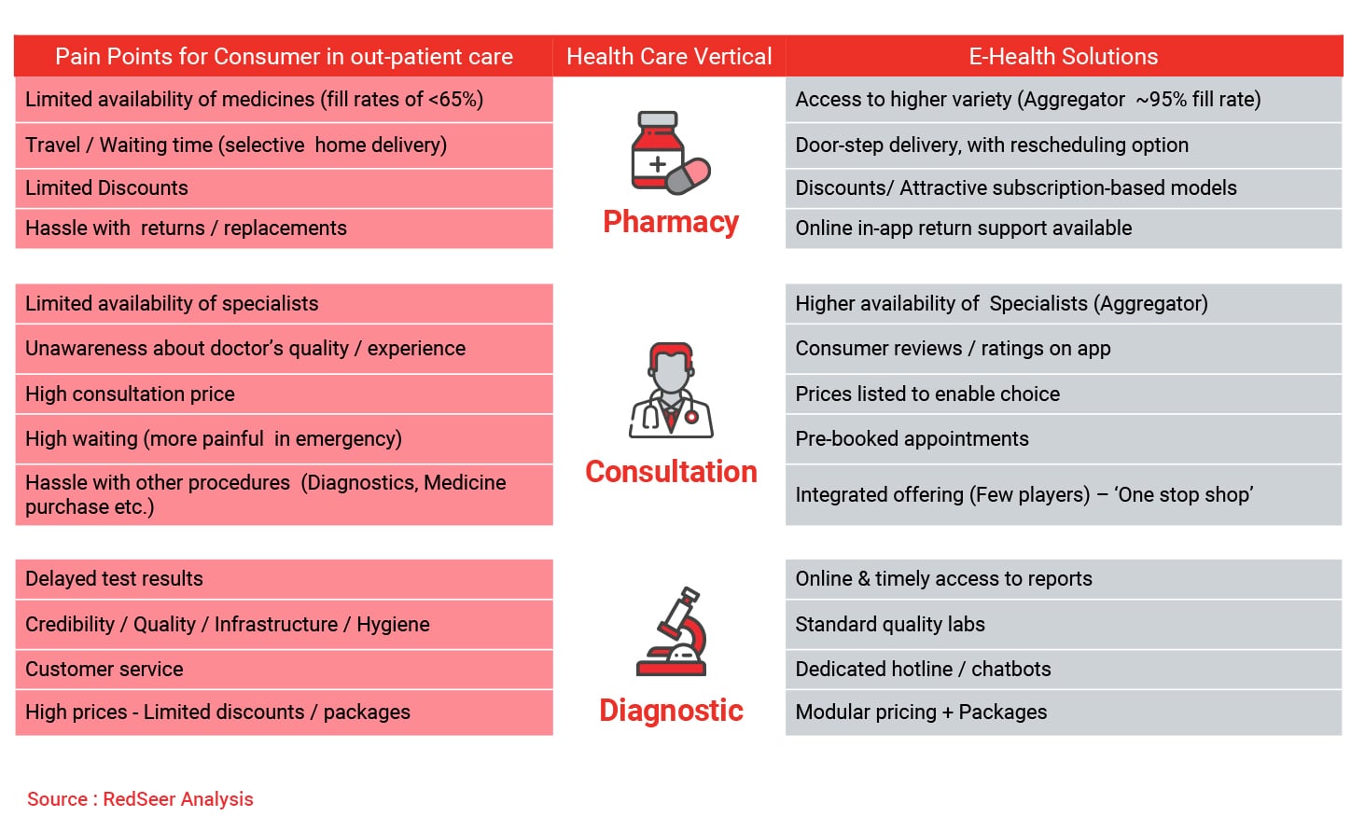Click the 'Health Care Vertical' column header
click(669, 56)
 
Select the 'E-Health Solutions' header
click(1064, 56)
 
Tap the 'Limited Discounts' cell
click(284, 188)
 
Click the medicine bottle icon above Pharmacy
click(658, 150)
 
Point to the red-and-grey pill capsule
click(689, 176)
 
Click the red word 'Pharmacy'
click(671, 222)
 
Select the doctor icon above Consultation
click(671, 390)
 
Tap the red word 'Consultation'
click(671, 471)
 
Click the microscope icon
click(671, 631)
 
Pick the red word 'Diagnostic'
click(671, 711)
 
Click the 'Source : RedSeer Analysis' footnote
click(140, 799)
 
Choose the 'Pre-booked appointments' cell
click(1064, 438)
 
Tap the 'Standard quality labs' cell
click(1064, 624)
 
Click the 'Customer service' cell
click(284, 669)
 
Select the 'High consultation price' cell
click(284, 394)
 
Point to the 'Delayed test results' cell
click(284, 578)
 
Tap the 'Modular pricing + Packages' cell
click(1064, 712)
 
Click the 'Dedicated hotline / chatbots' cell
click(1064, 669)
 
